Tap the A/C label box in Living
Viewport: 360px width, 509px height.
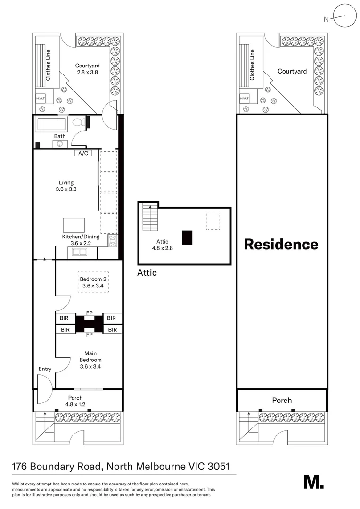pos(83,153)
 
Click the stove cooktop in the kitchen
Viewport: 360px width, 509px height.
pos(113,241)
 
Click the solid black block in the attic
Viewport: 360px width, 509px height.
pos(187,237)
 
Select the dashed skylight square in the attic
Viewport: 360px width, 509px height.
pos(213,221)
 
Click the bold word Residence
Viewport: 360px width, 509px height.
pos(281,245)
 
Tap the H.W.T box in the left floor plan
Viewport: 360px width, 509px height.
pos(41,99)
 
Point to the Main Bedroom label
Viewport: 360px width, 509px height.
pos(90,356)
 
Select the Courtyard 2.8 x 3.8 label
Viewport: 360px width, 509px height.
pos(88,69)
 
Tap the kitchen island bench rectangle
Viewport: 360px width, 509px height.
pos(74,225)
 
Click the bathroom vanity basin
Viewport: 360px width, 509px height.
pos(60,144)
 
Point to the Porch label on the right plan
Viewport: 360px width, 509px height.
pos(282,401)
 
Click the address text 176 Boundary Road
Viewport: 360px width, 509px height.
pos(56,467)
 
